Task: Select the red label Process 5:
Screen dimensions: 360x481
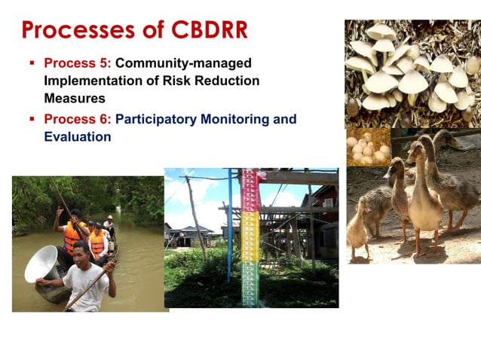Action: click(78, 63)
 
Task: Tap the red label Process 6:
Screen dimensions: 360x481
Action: click(78, 119)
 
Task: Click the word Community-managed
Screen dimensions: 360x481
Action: click(183, 63)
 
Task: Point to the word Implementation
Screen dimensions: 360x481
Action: click(91, 81)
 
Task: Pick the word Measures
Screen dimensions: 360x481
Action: click(75, 98)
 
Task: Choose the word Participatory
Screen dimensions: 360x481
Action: click(162, 119)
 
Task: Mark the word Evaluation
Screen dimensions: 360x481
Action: click(78, 136)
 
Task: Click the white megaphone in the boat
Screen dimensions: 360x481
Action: click(41, 264)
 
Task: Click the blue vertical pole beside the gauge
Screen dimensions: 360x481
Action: click(230, 226)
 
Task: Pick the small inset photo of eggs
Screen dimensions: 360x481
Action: click(368, 148)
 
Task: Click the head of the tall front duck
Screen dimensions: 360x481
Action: click(416, 150)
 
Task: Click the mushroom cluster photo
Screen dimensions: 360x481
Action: click(411, 72)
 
